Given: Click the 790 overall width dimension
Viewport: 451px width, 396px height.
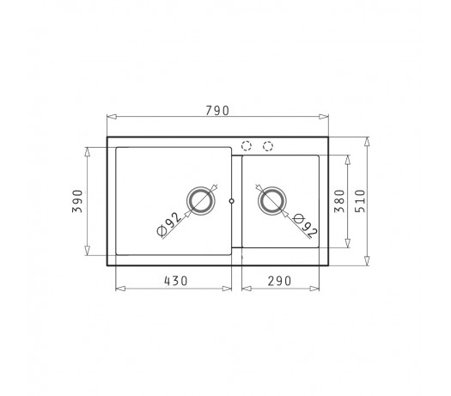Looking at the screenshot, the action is pyautogui.click(x=217, y=111).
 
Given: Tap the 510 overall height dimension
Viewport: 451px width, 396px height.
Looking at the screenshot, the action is pyautogui.click(x=360, y=201).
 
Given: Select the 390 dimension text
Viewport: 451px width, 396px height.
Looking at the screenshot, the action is pyautogui.click(x=77, y=201).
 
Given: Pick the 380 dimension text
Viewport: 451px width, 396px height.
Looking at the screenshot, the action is pyautogui.click(x=339, y=201).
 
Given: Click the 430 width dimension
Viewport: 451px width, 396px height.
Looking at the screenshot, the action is pyautogui.click(x=176, y=281).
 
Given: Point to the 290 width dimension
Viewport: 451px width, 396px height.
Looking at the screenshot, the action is pyautogui.click(x=279, y=281).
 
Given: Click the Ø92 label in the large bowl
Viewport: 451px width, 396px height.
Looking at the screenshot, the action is pyautogui.click(x=169, y=224).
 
